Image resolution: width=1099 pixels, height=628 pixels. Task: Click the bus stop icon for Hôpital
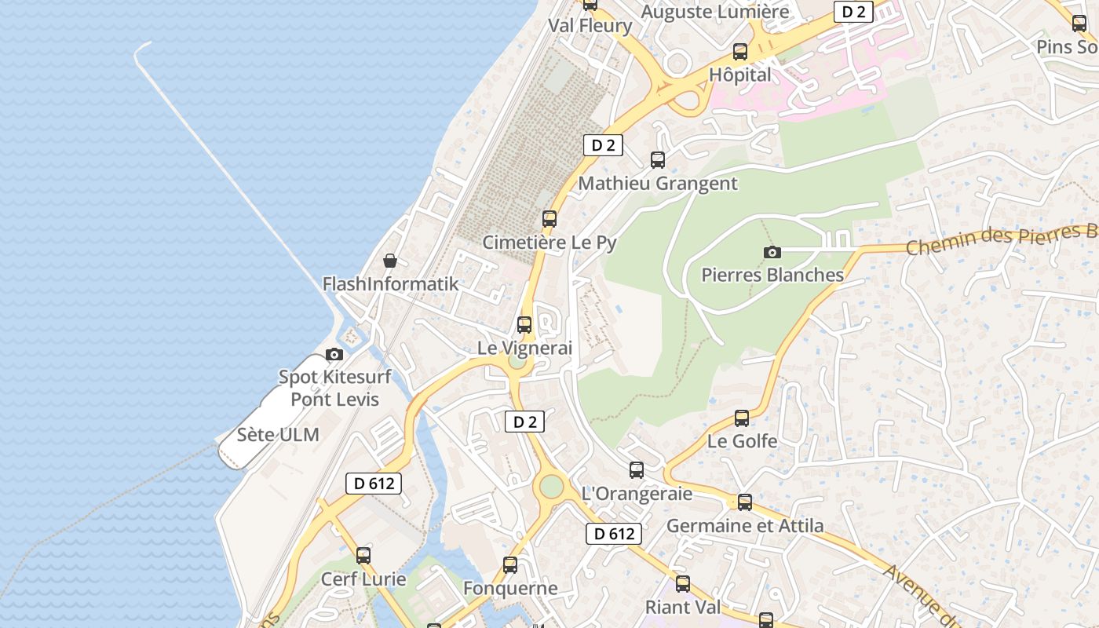[x=740, y=52]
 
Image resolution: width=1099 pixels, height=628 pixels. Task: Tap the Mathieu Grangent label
[x=658, y=184]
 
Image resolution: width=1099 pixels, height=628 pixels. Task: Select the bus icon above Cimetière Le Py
[x=549, y=219]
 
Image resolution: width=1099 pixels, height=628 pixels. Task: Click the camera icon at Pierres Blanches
[x=772, y=252]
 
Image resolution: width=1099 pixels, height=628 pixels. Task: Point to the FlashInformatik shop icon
[x=390, y=261]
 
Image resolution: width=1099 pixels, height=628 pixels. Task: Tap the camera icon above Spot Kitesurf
[x=334, y=354]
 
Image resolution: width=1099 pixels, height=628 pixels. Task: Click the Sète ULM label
[x=278, y=435]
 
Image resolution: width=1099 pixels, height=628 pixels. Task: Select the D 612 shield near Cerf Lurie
[x=374, y=484]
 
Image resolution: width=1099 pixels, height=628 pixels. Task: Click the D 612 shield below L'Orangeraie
[x=614, y=534]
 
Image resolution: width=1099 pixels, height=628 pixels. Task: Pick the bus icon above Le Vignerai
[x=524, y=324]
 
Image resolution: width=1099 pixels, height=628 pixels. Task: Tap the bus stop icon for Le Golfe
[x=742, y=418]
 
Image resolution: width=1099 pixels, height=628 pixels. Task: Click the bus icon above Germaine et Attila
[x=745, y=502]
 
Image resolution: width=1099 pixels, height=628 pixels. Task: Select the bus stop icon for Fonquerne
[x=510, y=564]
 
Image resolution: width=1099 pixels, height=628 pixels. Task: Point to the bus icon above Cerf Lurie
[x=363, y=556]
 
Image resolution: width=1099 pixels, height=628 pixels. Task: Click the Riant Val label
[x=682, y=607]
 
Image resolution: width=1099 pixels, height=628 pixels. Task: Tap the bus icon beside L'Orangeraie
[x=637, y=470]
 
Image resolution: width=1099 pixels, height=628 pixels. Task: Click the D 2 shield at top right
[x=853, y=12]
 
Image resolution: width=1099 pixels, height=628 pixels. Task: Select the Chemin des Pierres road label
[x=1001, y=239]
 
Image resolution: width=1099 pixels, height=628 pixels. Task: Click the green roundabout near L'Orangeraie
[x=551, y=487]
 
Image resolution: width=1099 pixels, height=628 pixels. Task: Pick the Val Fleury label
[x=590, y=26]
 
